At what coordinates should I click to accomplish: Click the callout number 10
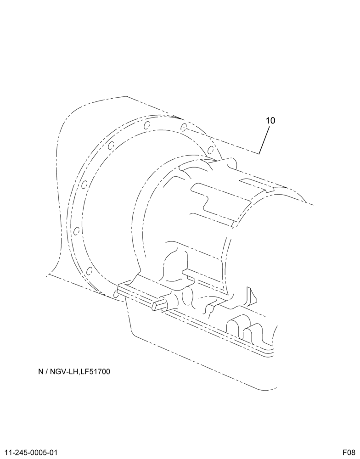coord(270,120)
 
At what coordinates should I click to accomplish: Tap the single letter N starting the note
coord(41,372)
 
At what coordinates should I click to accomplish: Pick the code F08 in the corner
coord(349,453)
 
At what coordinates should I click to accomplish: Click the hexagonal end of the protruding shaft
coord(155,305)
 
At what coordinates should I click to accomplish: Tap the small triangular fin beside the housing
coord(252,296)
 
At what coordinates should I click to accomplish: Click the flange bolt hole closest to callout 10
coord(210,151)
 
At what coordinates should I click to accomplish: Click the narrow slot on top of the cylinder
coord(257,185)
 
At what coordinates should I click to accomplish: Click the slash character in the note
coord(46,372)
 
